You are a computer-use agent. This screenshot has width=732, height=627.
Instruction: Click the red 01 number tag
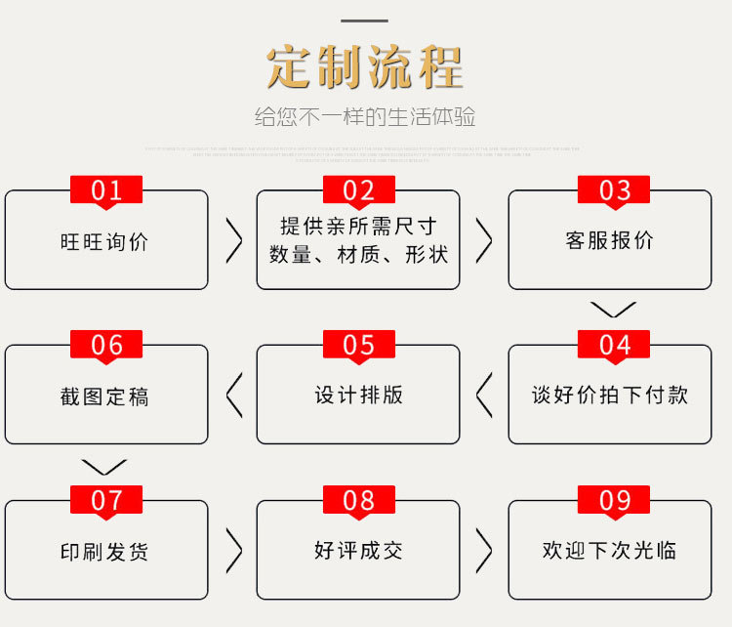click(x=106, y=190)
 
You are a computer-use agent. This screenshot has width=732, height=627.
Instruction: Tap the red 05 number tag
click(x=358, y=345)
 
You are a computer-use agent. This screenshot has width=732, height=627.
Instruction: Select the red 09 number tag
click(x=614, y=501)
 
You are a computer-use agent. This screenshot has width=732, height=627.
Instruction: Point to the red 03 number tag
click(x=614, y=190)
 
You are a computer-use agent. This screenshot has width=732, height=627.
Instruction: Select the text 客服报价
click(x=609, y=240)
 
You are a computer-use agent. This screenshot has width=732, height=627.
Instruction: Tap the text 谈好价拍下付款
click(x=610, y=395)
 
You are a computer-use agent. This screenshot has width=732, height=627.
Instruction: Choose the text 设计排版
click(x=358, y=395)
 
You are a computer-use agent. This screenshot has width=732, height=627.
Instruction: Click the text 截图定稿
click(x=105, y=397)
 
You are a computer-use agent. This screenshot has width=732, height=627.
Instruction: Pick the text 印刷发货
click(x=105, y=552)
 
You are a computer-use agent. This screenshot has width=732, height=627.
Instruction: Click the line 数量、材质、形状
click(x=358, y=255)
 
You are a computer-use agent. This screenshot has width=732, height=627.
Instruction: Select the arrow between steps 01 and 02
click(x=233, y=240)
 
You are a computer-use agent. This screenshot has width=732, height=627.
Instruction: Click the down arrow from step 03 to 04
click(x=613, y=310)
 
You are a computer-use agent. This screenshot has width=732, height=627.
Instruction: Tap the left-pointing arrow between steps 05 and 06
click(x=233, y=395)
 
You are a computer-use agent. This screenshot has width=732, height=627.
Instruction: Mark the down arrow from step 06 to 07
click(x=104, y=466)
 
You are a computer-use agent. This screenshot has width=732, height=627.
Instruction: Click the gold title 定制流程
click(x=365, y=67)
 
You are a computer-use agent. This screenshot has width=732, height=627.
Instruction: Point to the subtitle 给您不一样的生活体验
click(x=365, y=117)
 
